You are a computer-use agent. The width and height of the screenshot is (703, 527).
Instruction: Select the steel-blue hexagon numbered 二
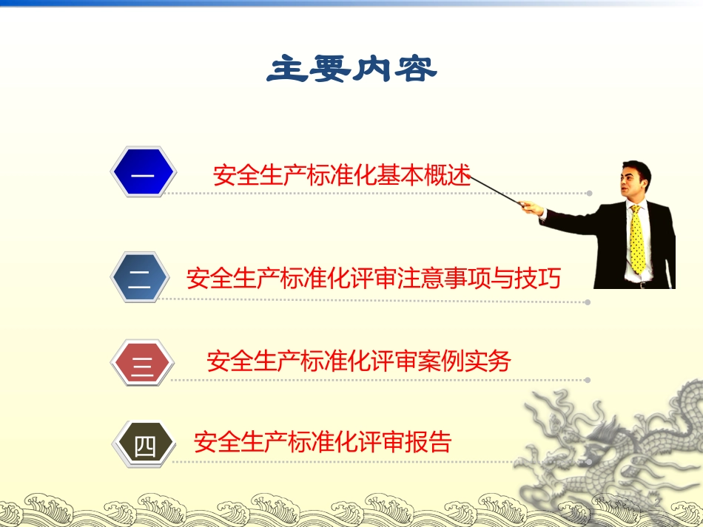pos(141,279)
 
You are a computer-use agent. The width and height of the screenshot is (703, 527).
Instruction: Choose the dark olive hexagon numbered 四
pos(144,443)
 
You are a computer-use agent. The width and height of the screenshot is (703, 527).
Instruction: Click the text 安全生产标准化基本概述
pos(341,175)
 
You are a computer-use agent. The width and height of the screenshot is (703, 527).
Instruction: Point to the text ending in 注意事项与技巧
pos(373,279)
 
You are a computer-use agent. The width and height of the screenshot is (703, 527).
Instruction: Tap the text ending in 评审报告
pos(322,442)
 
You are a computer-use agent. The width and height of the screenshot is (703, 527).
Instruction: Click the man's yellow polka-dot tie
pos(636,240)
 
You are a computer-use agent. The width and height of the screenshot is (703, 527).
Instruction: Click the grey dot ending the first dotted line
pos(590,194)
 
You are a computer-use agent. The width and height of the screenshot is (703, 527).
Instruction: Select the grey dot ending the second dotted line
pos(588,302)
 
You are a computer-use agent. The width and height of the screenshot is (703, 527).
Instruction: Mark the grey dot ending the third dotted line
pos(588,381)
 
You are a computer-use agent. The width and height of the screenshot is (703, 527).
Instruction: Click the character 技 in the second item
pos(523,279)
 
